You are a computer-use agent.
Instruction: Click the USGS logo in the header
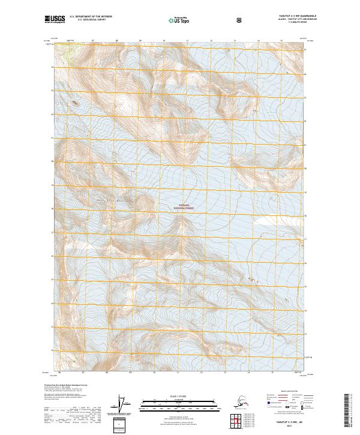[x=55, y=20]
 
